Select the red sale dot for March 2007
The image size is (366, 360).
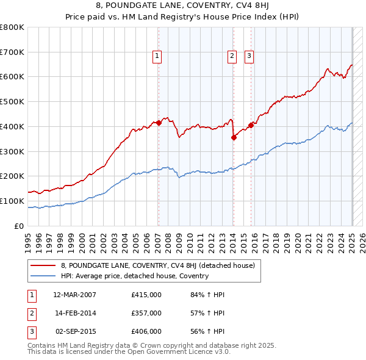[158, 123]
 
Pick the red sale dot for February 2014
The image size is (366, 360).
[234, 137]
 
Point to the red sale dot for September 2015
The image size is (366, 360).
[251, 125]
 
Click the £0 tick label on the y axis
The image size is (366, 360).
[19, 226]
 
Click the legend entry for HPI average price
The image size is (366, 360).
[135, 276]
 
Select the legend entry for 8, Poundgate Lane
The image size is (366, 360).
[162, 265]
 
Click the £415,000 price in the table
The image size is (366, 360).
[146, 295]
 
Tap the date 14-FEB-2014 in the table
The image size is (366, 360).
[75, 313]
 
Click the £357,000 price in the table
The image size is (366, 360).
[146, 313]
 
